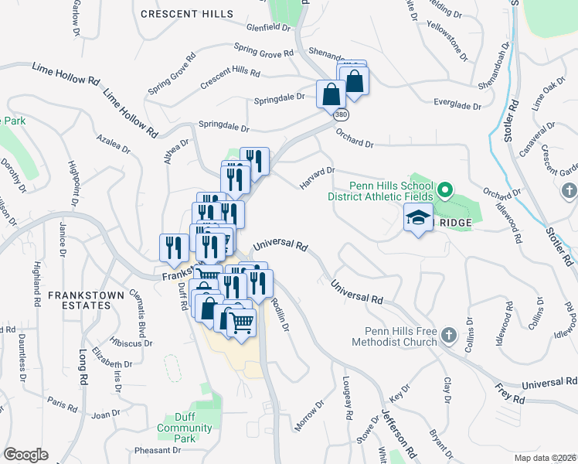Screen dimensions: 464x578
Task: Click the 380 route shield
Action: point(341,114)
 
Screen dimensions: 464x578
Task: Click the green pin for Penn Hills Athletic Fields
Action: point(444,189)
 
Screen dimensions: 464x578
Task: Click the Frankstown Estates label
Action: point(80,300)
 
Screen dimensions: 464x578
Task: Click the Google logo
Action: point(25,455)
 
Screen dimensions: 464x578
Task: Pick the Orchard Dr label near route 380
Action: point(355,139)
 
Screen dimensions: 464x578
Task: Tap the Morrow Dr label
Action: point(311,416)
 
